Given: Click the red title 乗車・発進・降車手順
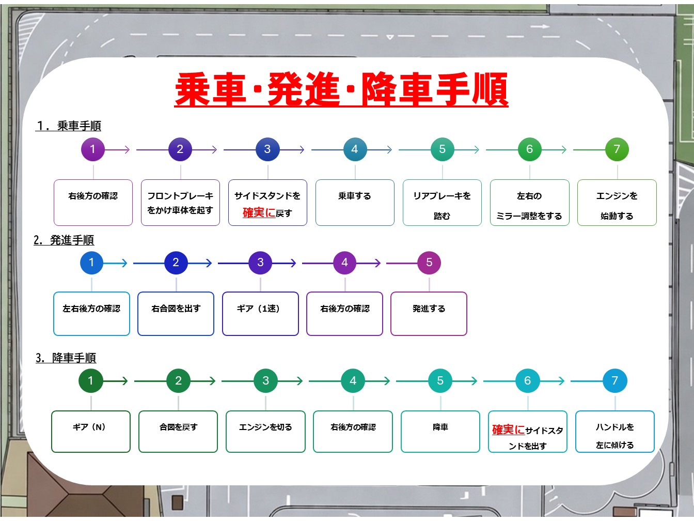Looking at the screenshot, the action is pyautogui.click(x=341, y=89).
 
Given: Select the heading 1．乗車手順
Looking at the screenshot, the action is pyautogui.click(x=68, y=126).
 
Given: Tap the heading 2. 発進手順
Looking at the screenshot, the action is pyautogui.click(x=64, y=240).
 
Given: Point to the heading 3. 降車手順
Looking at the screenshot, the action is pyautogui.click(x=66, y=358).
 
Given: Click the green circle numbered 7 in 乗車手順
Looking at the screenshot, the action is pyautogui.click(x=617, y=149).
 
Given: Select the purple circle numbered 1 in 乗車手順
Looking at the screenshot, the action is pyautogui.click(x=92, y=149).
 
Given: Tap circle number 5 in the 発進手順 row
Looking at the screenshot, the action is pyautogui.click(x=429, y=263).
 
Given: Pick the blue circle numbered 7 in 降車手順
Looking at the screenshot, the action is pyautogui.click(x=614, y=380).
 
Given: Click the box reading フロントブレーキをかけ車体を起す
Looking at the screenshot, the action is pyautogui.click(x=180, y=203).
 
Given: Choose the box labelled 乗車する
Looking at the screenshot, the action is pyautogui.click(x=355, y=203).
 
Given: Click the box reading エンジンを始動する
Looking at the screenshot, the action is pyautogui.click(x=617, y=203).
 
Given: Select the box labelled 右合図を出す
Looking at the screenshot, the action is pyautogui.click(x=176, y=314).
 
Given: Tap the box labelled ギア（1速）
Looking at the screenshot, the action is pyautogui.click(x=260, y=314).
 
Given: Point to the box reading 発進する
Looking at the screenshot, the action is pyautogui.click(x=429, y=314).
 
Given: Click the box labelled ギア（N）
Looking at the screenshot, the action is pyautogui.click(x=91, y=432).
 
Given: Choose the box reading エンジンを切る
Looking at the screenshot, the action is pyautogui.click(x=265, y=432).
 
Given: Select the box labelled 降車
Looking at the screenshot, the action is pyautogui.click(x=440, y=432).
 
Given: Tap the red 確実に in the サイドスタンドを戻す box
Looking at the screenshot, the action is pyautogui.click(x=259, y=212).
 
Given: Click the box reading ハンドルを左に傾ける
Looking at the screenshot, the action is pyautogui.click(x=615, y=432).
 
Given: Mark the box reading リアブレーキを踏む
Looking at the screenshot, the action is pyautogui.click(x=442, y=203).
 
